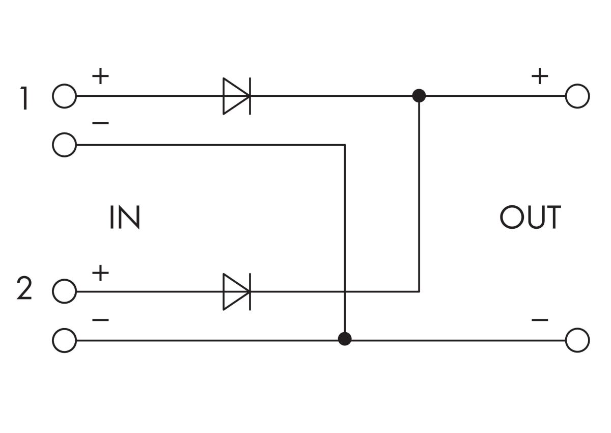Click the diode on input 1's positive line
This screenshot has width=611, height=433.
pyautogui.click(x=236, y=96)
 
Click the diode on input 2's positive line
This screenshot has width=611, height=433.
pyautogui.click(x=236, y=292)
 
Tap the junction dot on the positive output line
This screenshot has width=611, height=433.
pyautogui.click(x=419, y=96)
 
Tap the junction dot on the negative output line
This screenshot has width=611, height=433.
pyautogui.click(x=345, y=339)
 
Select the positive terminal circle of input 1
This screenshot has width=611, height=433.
pyautogui.click(x=64, y=96)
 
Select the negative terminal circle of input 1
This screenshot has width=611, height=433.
pyautogui.click(x=64, y=145)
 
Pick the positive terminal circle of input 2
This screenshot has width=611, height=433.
pyautogui.click(x=64, y=292)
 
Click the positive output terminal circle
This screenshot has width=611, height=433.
pyautogui.click(x=577, y=96)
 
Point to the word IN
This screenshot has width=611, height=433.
pyautogui.click(x=124, y=218)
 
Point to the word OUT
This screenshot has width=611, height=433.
pyautogui.click(x=530, y=218)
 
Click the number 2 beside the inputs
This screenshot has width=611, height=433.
pyautogui.click(x=24, y=289)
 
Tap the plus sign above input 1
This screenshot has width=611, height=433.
pyautogui.click(x=101, y=77)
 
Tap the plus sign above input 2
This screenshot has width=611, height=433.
pyautogui.click(x=101, y=273)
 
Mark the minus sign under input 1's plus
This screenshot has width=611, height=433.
pyautogui.click(x=101, y=124)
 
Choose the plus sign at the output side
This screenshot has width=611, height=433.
pyautogui.click(x=540, y=77)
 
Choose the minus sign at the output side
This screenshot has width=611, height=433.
pyautogui.click(x=540, y=320)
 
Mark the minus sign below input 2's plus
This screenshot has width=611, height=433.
pyautogui.click(x=101, y=320)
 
